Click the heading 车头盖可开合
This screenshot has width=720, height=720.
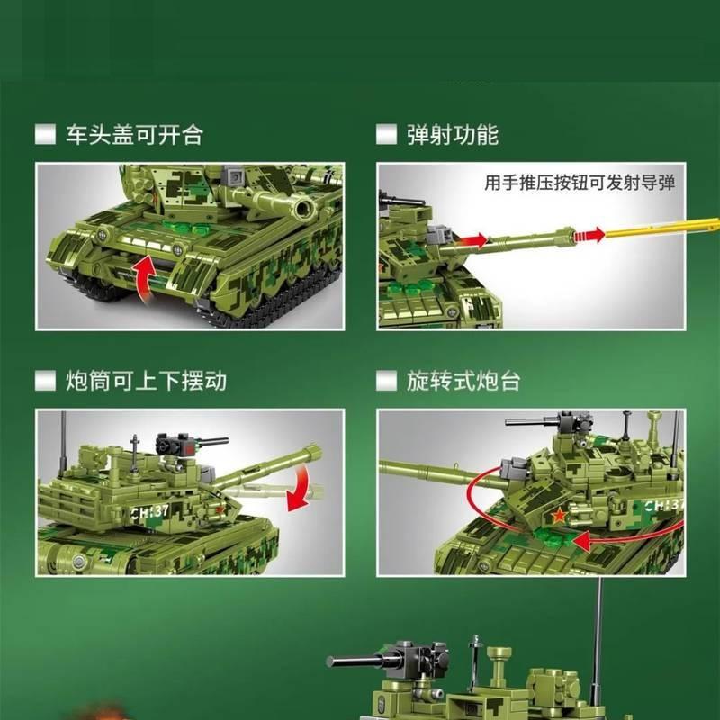click(134, 135)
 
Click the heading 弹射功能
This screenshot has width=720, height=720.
click(453, 135)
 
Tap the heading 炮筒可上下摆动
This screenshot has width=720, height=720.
click(146, 381)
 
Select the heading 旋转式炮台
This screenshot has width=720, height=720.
click(463, 381)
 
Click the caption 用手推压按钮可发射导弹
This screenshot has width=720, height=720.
click(580, 183)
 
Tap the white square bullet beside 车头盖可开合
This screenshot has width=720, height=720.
click(45, 135)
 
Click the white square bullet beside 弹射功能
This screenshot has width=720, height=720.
click(386, 135)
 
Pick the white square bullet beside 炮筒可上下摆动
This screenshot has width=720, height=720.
click(45, 381)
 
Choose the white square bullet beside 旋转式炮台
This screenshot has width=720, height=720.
click(386, 381)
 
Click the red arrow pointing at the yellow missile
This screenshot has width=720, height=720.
click(589, 235)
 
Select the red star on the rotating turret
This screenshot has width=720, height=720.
click(559, 516)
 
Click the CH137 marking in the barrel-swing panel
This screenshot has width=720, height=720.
click(149, 511)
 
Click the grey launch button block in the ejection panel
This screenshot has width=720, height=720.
click(440, 235)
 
